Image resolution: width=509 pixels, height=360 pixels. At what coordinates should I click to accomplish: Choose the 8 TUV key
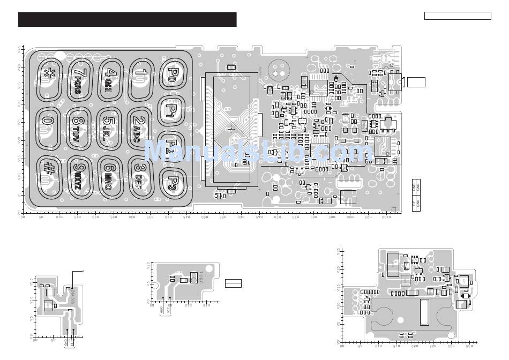[80, 127]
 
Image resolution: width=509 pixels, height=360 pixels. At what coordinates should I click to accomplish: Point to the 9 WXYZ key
[80, 174]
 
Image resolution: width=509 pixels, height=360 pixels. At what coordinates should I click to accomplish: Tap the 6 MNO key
[110, 174]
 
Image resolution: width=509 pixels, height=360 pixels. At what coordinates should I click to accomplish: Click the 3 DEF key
[141, 172]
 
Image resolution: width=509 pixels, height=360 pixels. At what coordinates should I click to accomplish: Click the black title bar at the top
[127, 19]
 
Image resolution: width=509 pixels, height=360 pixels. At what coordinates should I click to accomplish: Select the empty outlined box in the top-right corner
[458, 16]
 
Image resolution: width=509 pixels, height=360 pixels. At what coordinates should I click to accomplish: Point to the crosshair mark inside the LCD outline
[231, 128]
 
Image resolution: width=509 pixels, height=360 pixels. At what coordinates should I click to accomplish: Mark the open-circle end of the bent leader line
[84, 272]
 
